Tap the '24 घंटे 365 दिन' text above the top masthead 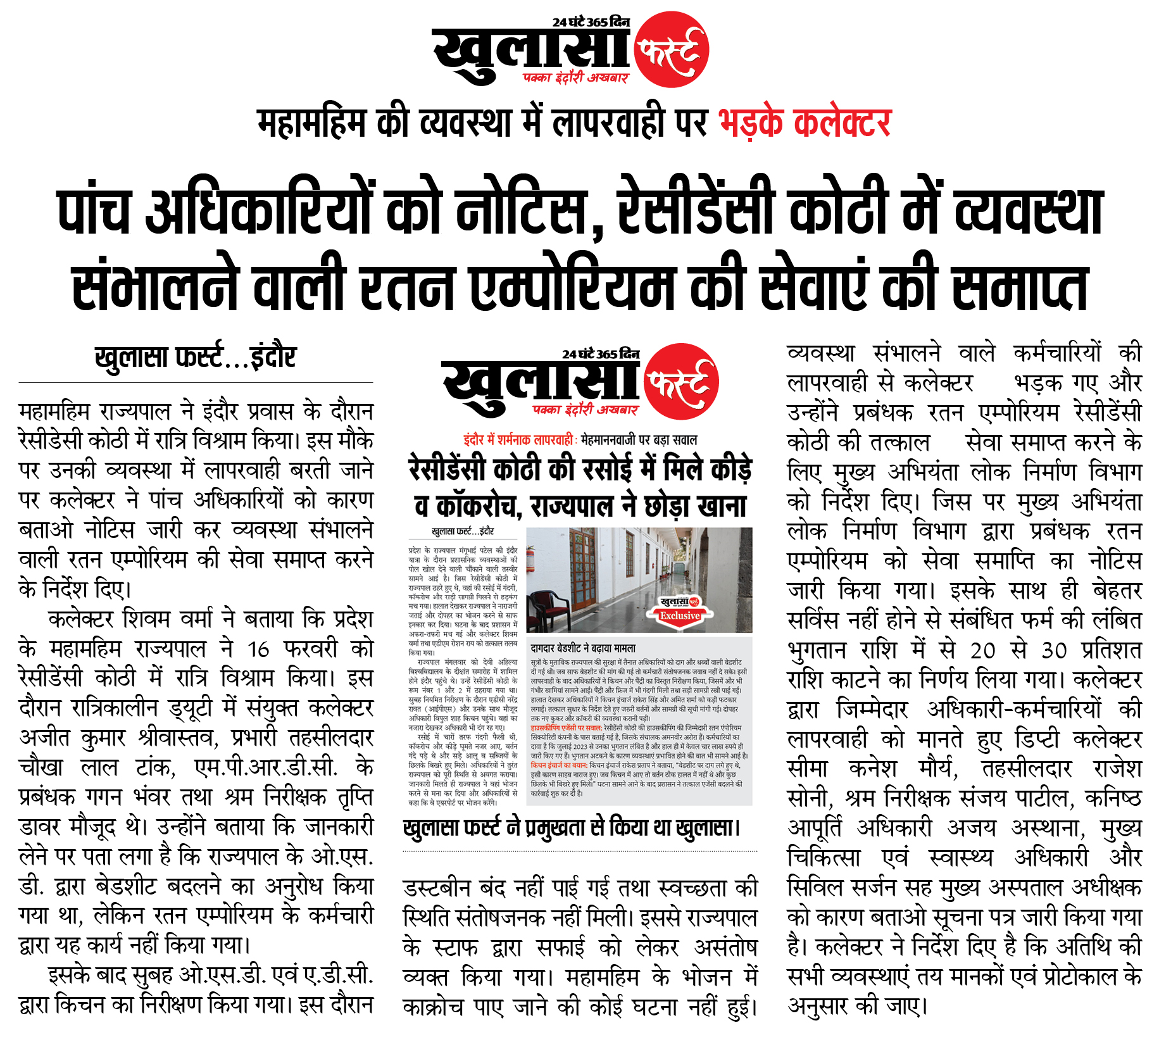pos(591,22)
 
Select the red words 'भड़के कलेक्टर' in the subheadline pos(805,123)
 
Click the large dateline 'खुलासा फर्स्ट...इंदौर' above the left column pos(196,358)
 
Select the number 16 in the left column pos(258,649)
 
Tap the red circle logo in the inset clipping pos(681,382)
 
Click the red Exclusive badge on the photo pos(679,615)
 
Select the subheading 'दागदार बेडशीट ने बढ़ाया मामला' pos(583,648)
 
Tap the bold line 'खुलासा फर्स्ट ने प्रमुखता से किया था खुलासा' pos(571,827)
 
